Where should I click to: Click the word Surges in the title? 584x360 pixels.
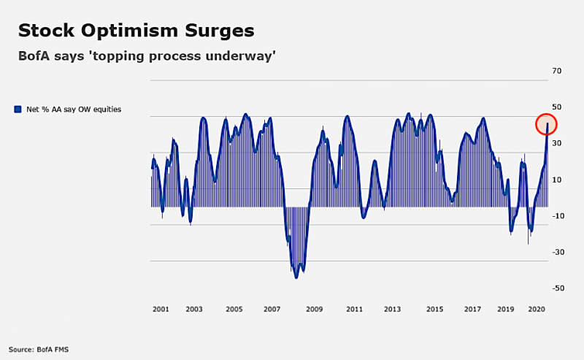tap(218, 31)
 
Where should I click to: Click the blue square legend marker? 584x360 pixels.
tap(18, 110)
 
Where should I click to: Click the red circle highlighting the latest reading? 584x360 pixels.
tap(547, 124)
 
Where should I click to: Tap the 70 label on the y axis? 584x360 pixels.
tap(557, 72)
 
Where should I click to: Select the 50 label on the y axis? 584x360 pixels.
tap(557, 107)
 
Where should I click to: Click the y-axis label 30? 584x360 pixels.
tap(557, 144)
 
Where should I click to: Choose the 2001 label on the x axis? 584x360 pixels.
tap(161, 310)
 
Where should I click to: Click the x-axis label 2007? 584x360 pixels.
tap(272, 310)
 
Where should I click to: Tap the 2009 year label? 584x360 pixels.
tap(314, 310)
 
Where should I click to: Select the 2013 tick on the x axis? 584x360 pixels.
tap(392, 310)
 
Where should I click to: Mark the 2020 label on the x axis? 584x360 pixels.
tap(537, 310)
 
